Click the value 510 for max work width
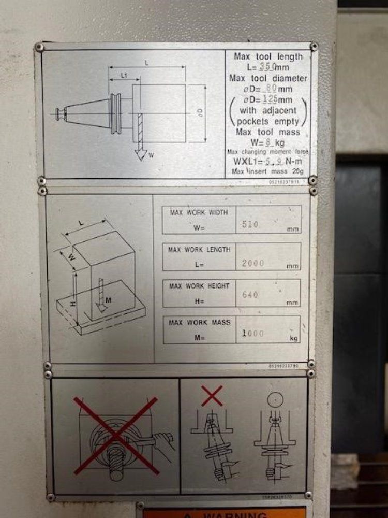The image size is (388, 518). (x=250, y=225)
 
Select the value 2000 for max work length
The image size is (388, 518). (x=253, y=263)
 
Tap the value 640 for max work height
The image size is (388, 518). (x=250, y=295)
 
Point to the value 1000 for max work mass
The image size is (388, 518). (x=253, y=334)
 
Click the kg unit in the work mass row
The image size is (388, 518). (x=294, y=339)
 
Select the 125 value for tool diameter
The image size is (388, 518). (x=270, y=99)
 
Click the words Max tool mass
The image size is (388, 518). (x=268, y=132)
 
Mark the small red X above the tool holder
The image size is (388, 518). (x=212, y=395)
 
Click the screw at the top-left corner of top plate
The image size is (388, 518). (x=39, y=48)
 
